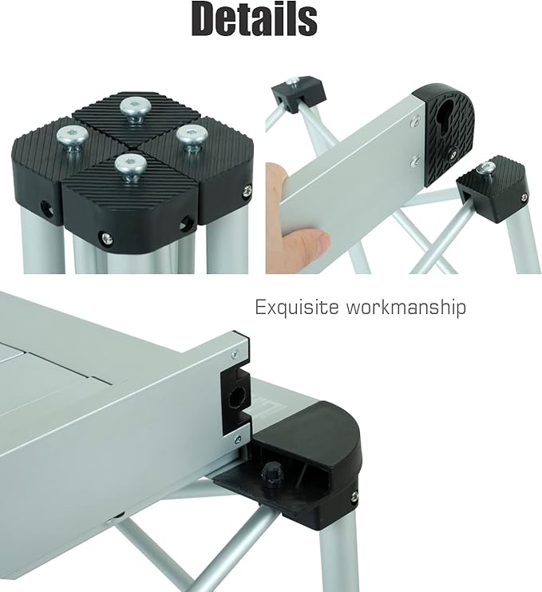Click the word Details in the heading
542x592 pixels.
click(255, 22)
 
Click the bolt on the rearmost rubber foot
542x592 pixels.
click(133, 106)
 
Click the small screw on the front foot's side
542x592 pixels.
click(105, 236)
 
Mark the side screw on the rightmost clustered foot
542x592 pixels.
click(245, 189)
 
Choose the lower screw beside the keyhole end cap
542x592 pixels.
click(414, 161)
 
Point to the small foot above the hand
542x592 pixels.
click(291, 94)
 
